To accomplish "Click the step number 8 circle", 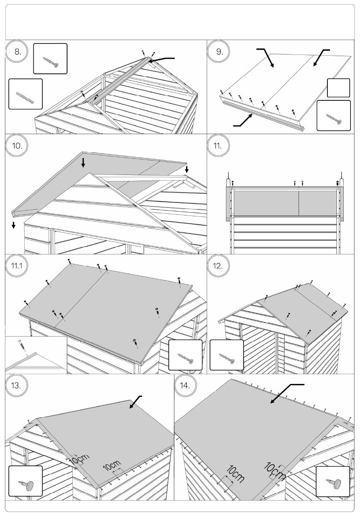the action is point(17,52).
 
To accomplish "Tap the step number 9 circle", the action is point(219,52).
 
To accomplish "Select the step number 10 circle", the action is point(17,146).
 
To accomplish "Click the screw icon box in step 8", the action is point(50,58).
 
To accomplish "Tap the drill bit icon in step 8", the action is point(25,94).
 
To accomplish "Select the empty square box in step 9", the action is point(338,88).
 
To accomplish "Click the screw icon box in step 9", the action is point(333,115).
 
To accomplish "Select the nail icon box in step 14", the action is point(332,481).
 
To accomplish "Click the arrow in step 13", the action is point(135,402).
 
